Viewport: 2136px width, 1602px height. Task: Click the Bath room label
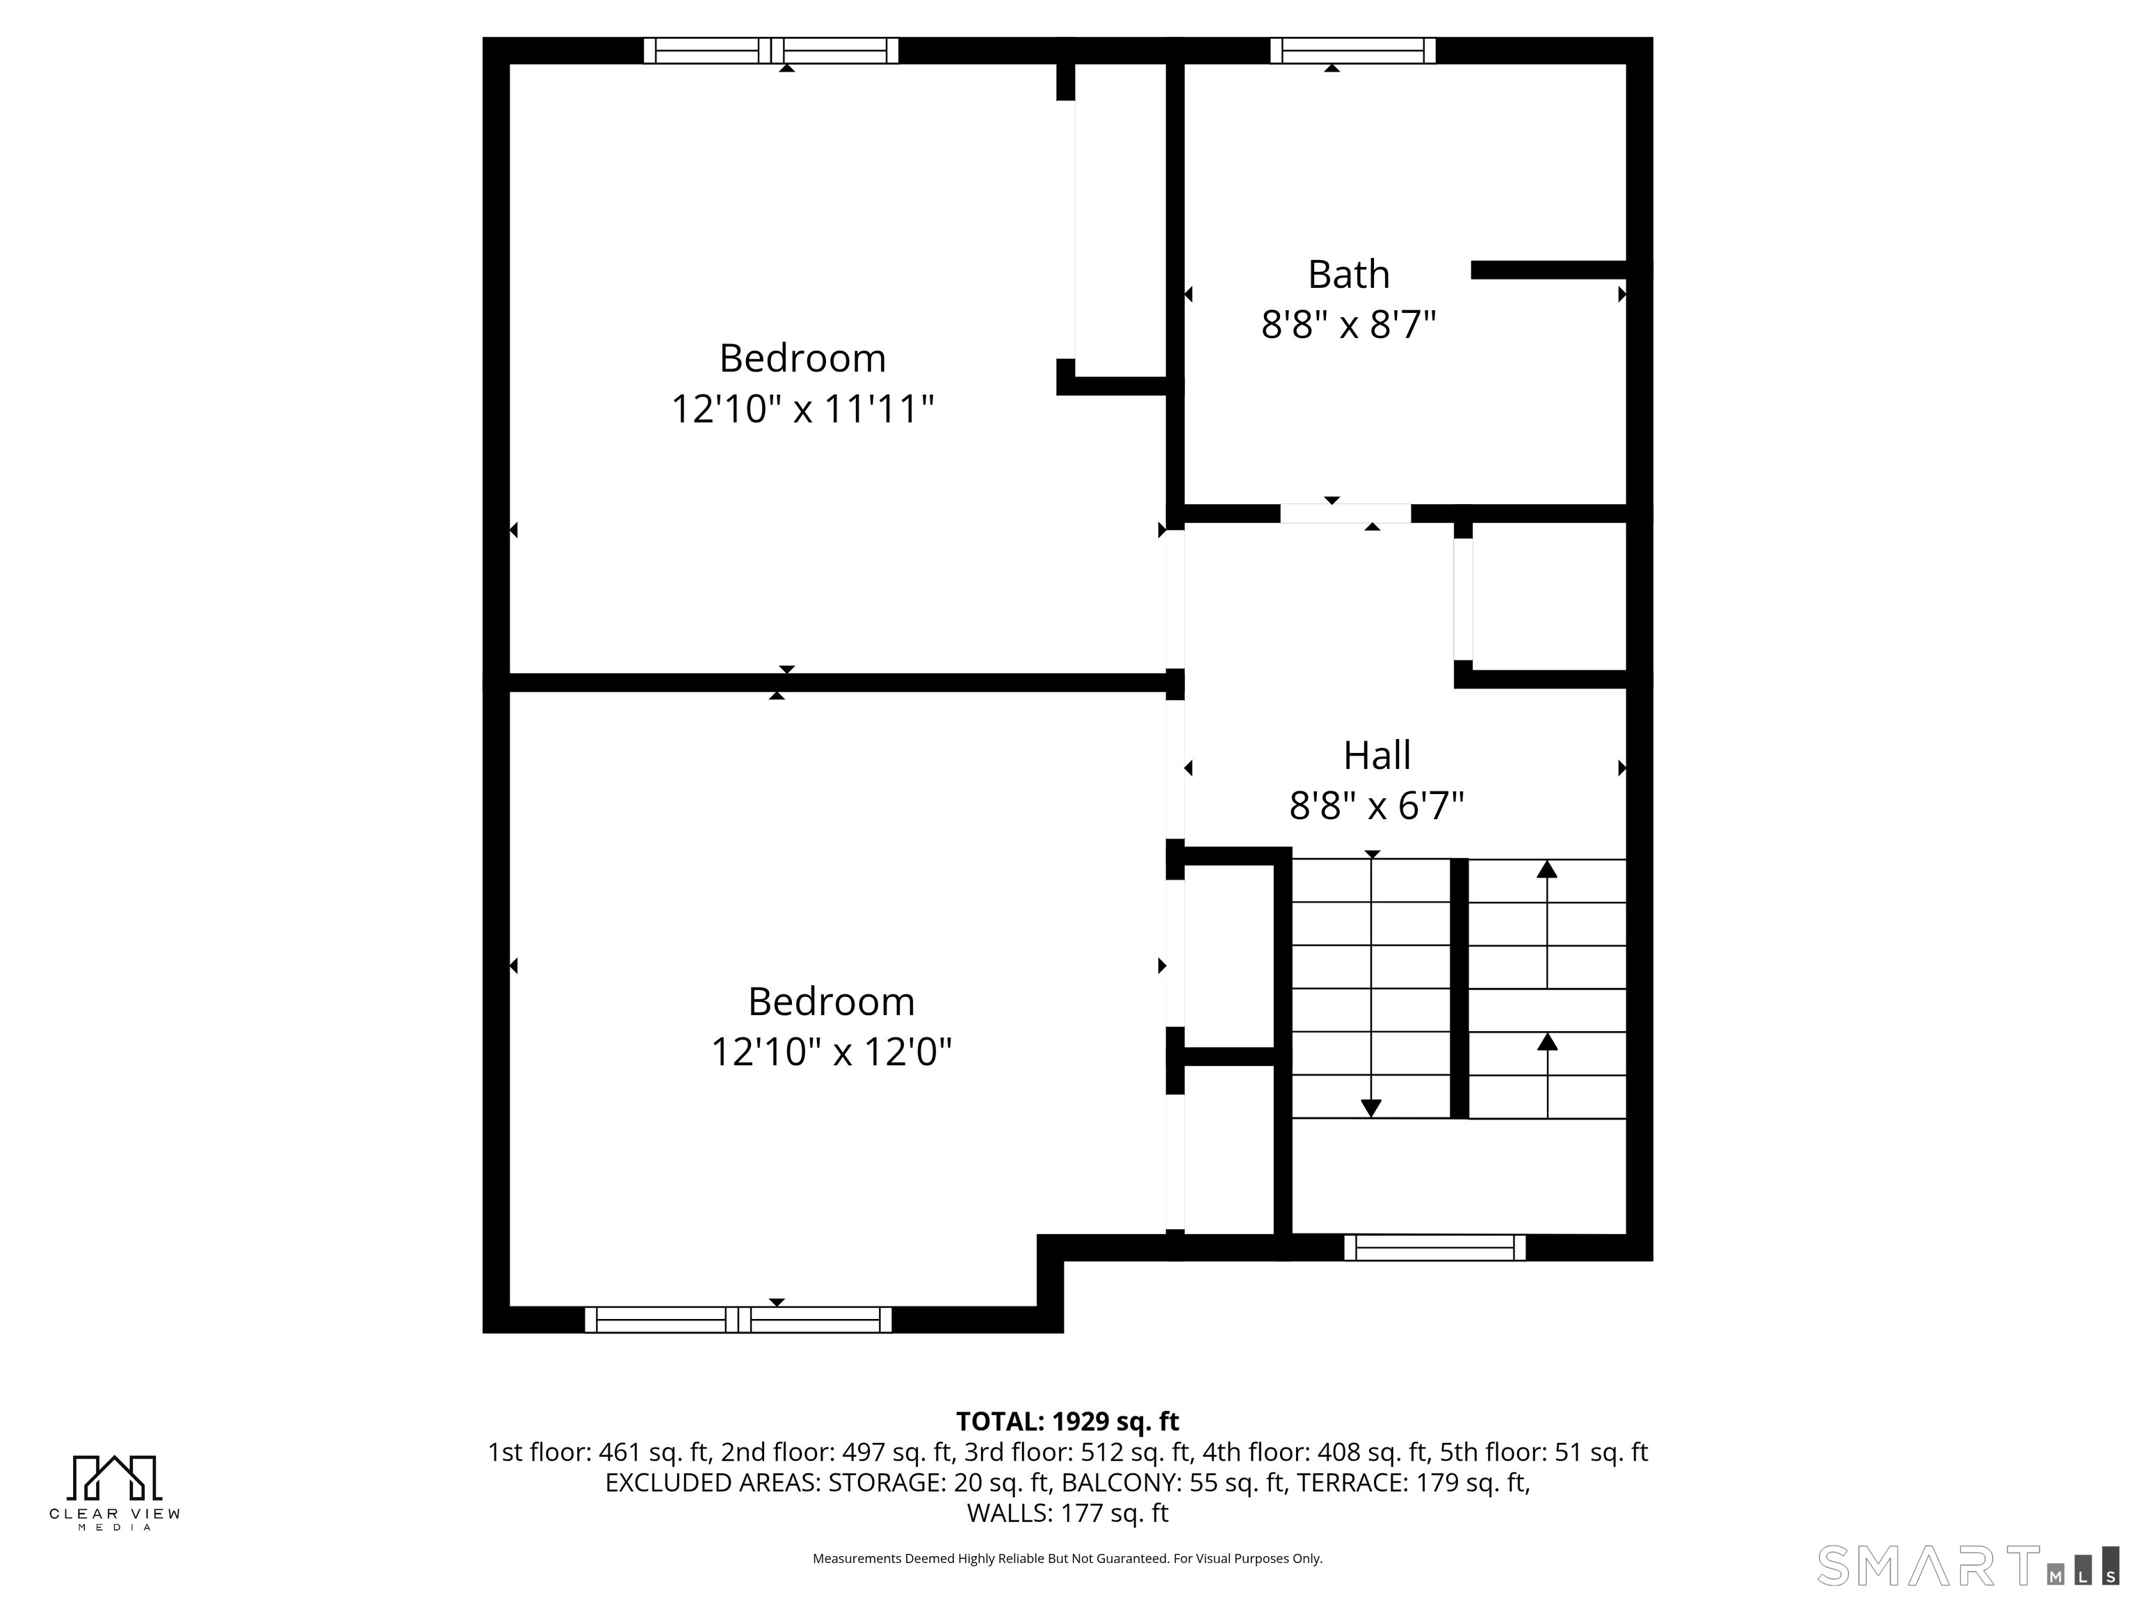pyautogui.click(x=1348, y=275)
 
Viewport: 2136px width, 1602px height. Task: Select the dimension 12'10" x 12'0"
pyautogui.click(x=832, y=1051)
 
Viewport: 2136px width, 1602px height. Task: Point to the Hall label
pyautogui.click(x=1377, y=755)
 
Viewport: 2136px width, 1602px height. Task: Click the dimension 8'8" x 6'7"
pyautogui.click(x=1377, y=805)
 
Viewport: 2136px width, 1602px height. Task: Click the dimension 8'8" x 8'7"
pyautogui.click(x=1348, y=325)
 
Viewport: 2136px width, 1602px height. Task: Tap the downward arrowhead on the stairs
pyautogui.click(x=1370, y=1108)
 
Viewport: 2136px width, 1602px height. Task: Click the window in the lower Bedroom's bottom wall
pyautogui.click(x=738, y=1320)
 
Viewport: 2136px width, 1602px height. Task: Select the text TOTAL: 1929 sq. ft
pyautogui.click(x=1067, y=1421)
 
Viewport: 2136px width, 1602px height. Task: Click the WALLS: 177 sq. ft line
pyautogui.click(x=1067, y=1513)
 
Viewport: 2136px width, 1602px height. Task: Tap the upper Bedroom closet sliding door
pyautogui.click(x=1065, y=229)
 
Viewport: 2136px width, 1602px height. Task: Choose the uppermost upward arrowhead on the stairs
pyautogui.click(x=1547, y=869)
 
